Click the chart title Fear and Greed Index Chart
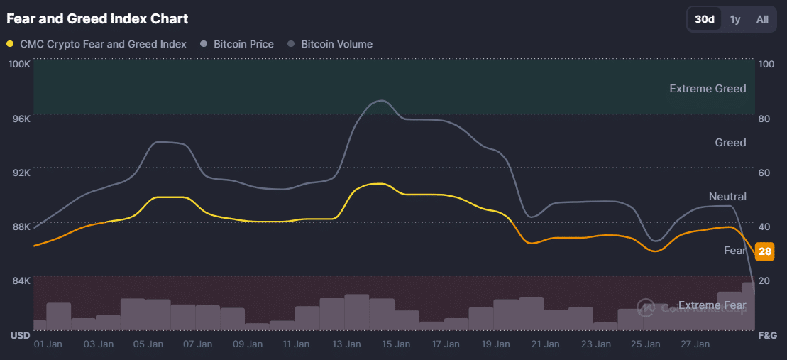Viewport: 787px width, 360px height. point(97,18)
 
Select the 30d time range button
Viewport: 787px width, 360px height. point(704,19)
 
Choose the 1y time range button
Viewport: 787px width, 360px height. point(735,19)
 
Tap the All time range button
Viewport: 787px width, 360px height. point(762,19)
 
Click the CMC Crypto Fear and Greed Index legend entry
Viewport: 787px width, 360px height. point(103,44)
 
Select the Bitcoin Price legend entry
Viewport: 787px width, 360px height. point(243,44)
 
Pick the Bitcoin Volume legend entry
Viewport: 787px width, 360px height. point(336,44)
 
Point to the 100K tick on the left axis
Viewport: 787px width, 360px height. point(18,64)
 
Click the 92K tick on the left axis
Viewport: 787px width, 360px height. point(21,173)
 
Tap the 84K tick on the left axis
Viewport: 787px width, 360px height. point(21,280)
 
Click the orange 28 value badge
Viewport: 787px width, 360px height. point(765,251)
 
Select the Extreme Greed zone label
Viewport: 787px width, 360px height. point(708,89)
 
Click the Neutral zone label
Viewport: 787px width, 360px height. point(727,197)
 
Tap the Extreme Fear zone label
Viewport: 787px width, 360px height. point(712,305)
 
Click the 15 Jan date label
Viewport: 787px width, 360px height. point(396,344)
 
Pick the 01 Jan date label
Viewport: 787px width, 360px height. point(49,344)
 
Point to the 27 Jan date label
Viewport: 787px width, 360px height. point(694,344)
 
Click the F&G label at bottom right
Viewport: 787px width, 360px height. point(768,334)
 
